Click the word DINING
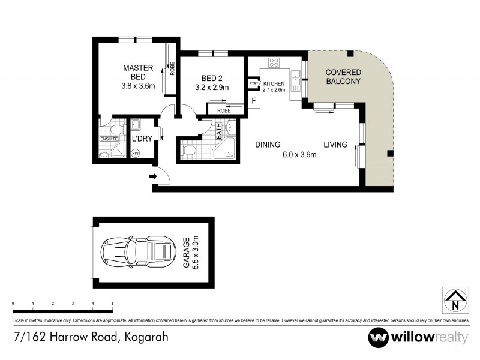pos(268,145)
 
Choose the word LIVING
pos(336,145)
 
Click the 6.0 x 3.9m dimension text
pos(299,155)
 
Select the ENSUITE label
pos(109,140)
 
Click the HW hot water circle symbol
pos(135,154)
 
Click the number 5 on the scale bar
pos(113,304)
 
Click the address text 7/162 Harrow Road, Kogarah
pos(90,336)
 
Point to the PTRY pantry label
pos(253,83)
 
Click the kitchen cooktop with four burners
pos(274,62)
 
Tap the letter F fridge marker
pos(254,101)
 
